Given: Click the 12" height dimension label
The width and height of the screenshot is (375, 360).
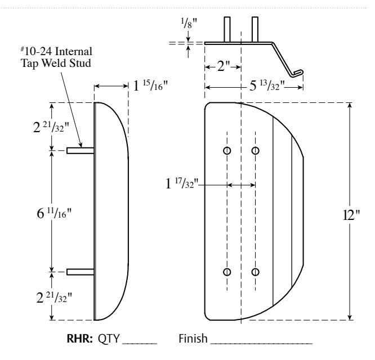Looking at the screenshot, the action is [351, 215].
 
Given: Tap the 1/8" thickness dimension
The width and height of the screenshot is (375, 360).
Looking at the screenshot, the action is [189, 24].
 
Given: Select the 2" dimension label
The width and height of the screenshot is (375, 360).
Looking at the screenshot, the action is [224, 66].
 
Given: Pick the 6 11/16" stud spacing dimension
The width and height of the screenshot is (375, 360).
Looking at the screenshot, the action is [54, 213].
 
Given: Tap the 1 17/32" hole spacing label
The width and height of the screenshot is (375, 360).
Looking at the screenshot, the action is [182, 183].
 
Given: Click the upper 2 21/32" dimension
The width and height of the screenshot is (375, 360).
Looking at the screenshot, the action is [51, 127].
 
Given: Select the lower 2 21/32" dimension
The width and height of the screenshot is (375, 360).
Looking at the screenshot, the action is [54, 298].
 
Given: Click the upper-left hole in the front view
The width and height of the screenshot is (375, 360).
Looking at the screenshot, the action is [227, 151].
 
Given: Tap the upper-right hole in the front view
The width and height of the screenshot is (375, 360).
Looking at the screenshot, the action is [256, 151].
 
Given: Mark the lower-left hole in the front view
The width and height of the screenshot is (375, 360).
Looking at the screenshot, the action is [227, 272].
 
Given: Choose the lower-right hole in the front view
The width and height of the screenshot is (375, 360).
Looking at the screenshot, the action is [256, 272].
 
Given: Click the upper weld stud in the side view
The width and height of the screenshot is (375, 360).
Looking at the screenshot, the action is [81, 151].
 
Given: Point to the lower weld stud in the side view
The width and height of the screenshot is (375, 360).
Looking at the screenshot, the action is [81, 272].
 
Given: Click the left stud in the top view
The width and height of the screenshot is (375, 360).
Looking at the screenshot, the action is [227, 29].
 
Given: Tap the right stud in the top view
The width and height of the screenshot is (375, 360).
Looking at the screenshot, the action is [255, 29].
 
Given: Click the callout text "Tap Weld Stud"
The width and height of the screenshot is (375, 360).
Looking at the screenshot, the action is [56, 64].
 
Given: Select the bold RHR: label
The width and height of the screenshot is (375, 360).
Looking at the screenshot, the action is [79, 339].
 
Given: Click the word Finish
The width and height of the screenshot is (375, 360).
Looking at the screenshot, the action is [193, 339].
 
